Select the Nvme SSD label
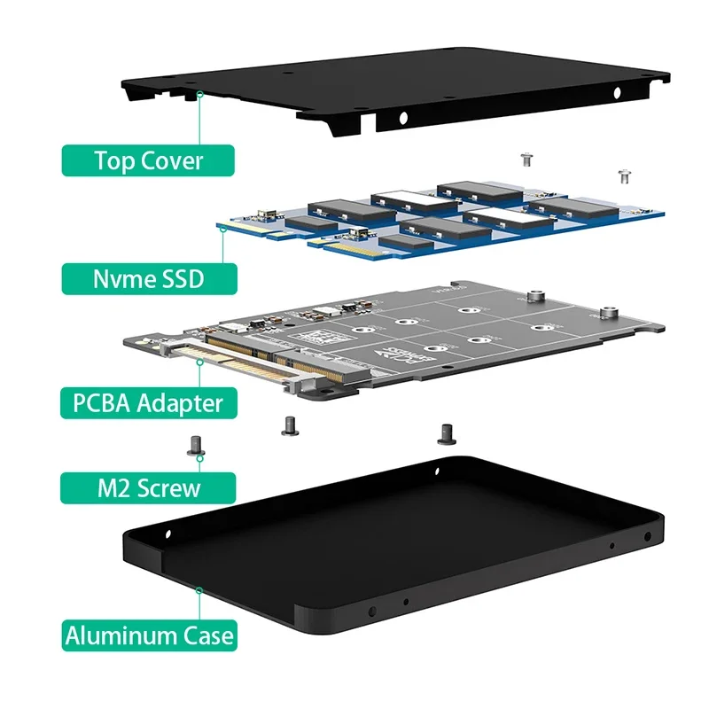tap(149, 279)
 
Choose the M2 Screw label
tap(148, 487)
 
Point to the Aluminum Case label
tap(150, 635)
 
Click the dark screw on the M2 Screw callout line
tap(199, 444)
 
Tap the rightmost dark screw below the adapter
tap(445, 432)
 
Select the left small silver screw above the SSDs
tap(526, 160)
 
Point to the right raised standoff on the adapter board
tap(608, 310)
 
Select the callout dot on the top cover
tap(201, 93)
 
